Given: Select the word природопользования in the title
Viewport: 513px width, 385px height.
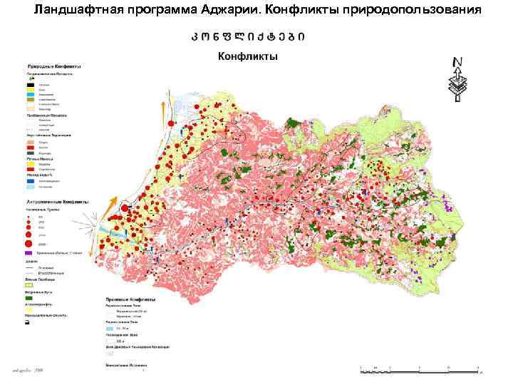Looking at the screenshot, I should [413, 10].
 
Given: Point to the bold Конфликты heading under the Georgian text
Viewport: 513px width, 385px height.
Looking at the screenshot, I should [247, 56].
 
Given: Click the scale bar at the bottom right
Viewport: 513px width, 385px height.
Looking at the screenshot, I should [420, 369].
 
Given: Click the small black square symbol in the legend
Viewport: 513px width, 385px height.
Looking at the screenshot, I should [28, 323].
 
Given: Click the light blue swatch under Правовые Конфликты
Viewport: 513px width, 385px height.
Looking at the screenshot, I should [109, 328].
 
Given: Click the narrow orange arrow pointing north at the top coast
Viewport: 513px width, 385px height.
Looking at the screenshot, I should [162, 109].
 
